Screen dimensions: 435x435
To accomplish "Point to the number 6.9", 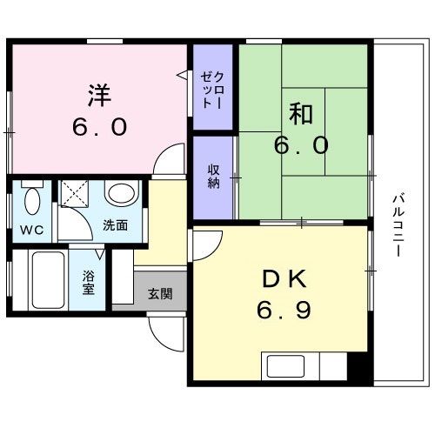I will pos(283,310).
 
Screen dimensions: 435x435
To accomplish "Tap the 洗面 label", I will pos(115,224).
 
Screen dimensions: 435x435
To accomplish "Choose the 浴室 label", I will pos(89,284).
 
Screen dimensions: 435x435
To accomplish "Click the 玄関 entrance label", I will pos(160,293).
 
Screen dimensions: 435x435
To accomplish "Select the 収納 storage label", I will pos(213,176).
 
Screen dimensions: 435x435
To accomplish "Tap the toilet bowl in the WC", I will pos(32,201).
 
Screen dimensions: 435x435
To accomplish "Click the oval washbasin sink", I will pos(119,193).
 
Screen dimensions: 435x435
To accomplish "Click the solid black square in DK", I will pos(358,366).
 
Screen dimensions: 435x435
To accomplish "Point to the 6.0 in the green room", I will pos(301,144).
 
